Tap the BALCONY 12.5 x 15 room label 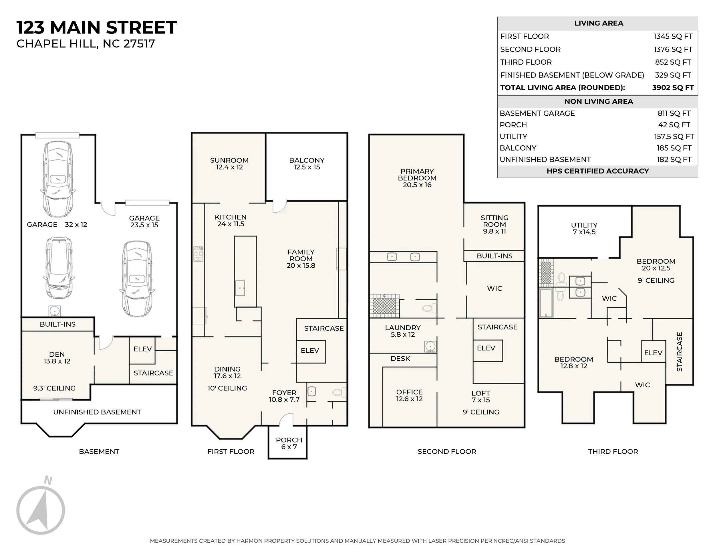tap(307, 163)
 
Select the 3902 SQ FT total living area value tap(673, 88)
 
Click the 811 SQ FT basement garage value tap(674, 113)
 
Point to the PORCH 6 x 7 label tap(289, 443)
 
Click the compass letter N tap(48, 480)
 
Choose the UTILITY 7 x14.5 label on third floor tap(584, 228)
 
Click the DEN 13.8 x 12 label tap(57, 358)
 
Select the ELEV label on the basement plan tap(142, 349)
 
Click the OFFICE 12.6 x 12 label tap(409, 395)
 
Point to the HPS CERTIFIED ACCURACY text tap(597, 171)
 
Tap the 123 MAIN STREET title tap(97, 27)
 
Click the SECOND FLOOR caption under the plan tap(447, 451)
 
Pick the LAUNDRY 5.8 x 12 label tap(403, 331)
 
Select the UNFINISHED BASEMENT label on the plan tap(97, 412)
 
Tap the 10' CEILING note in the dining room tap(227, 388)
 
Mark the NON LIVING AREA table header tap(598, 102)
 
